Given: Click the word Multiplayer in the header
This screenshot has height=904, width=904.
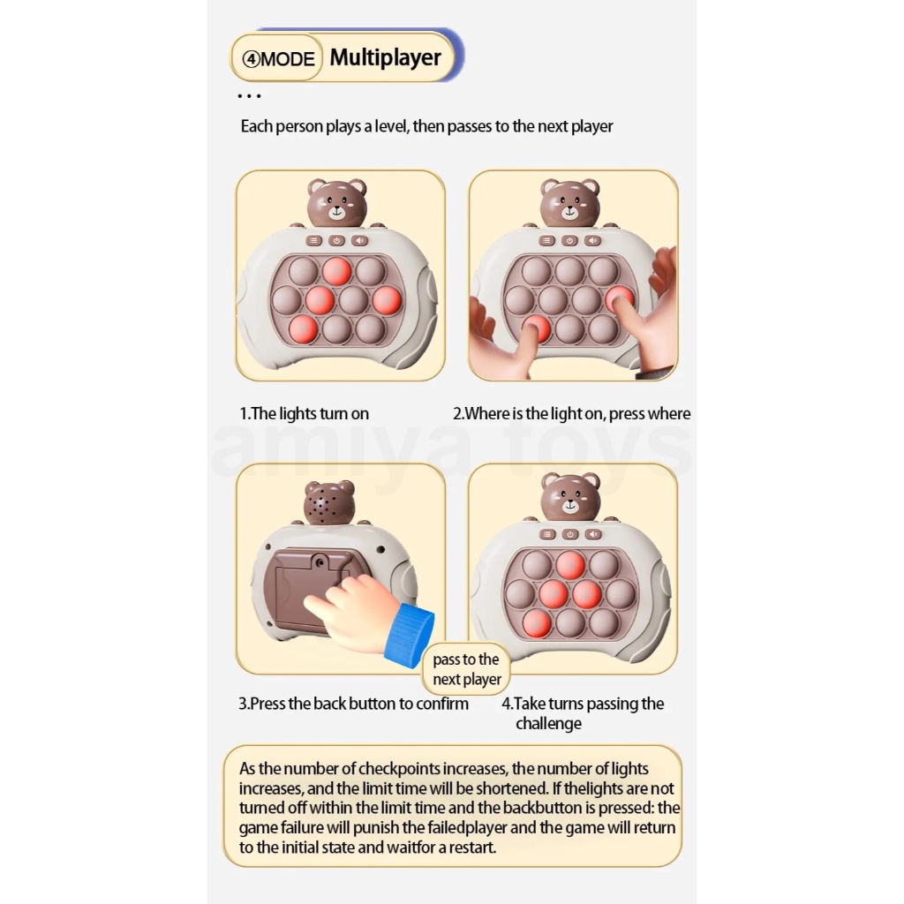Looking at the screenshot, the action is click(x=385, y=58).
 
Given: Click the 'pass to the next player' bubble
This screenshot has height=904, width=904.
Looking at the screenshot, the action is click(x=466, y=670).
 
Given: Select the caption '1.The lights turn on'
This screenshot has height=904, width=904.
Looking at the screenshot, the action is click(x=304, y=413).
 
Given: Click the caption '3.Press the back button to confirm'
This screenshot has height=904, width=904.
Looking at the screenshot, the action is click(x=353, y=704).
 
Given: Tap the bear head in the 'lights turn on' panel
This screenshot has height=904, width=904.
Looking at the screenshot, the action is click(x=337, y=204).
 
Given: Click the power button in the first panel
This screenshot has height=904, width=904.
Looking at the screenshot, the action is click(x=337, y=240).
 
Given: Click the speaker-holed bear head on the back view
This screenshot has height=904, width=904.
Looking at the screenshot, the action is click(x=328, y=504).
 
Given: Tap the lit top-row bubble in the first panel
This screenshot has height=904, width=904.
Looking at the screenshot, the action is click(x=337, y=271).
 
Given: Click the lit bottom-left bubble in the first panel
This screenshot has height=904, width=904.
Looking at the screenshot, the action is click(x=304, y=328).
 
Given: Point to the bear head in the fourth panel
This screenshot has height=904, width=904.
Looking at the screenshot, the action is click(x=569, y=497).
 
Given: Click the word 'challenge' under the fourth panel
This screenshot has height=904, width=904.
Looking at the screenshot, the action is click(x=548, y=724).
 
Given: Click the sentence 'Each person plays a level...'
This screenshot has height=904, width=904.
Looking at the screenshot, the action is click(x=426, y=126).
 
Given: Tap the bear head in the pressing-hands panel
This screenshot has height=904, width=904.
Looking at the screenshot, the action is click(x=569, y=204).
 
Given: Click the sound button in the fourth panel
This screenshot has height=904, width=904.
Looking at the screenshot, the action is click(x=592, y=533).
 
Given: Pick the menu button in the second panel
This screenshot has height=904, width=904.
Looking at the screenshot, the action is click(x=547, y=240).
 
